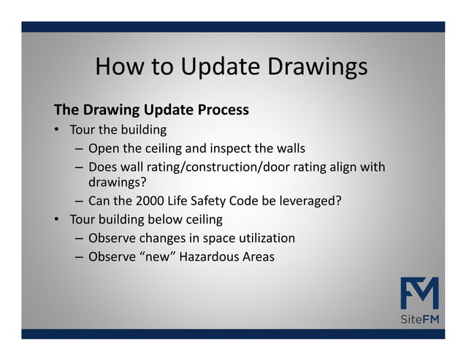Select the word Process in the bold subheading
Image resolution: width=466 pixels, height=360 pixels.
224,110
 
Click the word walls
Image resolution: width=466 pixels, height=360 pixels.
289,150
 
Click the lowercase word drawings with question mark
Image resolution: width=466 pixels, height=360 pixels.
118,182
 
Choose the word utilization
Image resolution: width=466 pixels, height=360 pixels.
265,238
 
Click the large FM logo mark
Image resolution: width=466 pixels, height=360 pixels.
419,294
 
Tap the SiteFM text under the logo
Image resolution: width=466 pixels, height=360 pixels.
419,321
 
